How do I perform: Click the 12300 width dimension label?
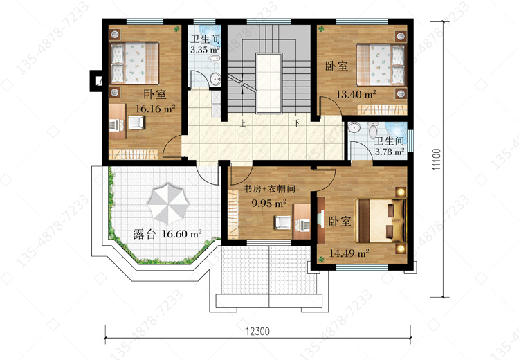pyautogui.click(x=258, y=331)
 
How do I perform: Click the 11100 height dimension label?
pyautogui.click(x=437, y=159)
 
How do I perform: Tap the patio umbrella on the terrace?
pyautogui.click(x=168, y=203)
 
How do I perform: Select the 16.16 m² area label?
pyautogui.click(x=155, y=108)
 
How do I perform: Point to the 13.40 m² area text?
pyautogui.click(x=356, y=94)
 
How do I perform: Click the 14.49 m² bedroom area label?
pyautogui.click(x=349, y=253)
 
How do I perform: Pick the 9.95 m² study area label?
pyautogui.click(x=268, y=203)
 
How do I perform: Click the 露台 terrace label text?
pyautogui.click(x=145, y=234)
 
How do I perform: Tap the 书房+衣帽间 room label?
pyautogui.click(x=269, y=189)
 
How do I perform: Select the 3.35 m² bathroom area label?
pyautogui.click(x=206, y=50)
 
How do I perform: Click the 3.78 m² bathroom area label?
pyautogui.click(x=389, y=152)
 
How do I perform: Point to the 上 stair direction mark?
pyautogui.click(x=243, y=124)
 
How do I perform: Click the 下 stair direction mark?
pyautogui.click(x=297, y=123)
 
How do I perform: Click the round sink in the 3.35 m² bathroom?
pyautogui.click(x=216, y=80)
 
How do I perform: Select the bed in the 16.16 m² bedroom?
pyautogui.click(x=134, y=62)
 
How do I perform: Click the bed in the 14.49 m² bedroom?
pyautogui.click(x=381, y=220)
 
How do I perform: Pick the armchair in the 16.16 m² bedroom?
pyautogui.click(x=136, y=123)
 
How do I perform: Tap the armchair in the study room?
pyautogui.click(x=282, y=222)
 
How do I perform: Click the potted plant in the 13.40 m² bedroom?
pyautogui.click(x=320, y=29)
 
